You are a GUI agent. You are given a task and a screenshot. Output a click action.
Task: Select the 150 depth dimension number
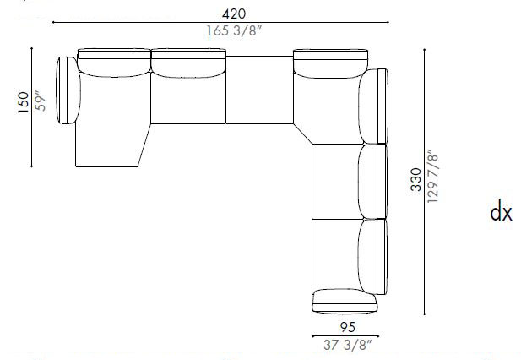(x=23, y=101)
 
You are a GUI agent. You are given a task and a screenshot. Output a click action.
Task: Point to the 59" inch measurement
(x=39, y=101)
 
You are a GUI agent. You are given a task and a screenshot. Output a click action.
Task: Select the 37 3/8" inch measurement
(x=345, y=344)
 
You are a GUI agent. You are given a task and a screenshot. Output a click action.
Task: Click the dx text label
(x=501, y=212)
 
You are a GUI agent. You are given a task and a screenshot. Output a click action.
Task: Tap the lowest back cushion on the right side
(x=372, y=254)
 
